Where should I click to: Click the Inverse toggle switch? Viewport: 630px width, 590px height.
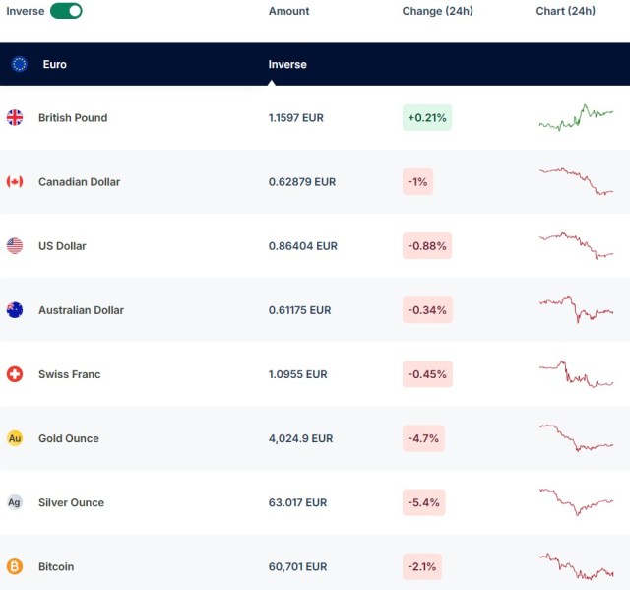point(66,11)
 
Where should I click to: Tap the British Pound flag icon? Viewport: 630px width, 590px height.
point(15,118)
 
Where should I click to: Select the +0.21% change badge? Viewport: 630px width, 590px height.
point(426,118)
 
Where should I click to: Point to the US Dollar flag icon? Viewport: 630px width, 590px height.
point(15,246)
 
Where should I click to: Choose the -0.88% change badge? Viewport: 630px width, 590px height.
point(426,246)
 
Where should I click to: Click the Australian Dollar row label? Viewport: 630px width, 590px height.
point(81,310)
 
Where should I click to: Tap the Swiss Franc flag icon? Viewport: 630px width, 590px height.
point(15,374)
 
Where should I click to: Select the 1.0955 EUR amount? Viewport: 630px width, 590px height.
point(297,374)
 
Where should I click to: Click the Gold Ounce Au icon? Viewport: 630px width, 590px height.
point(15,438)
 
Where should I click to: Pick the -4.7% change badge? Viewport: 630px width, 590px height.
point(423,438)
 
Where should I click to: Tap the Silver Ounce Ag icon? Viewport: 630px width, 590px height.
point(15,502)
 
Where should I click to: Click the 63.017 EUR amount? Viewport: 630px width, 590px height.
point(297,502)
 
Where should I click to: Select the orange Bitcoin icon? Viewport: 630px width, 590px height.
point(15,566)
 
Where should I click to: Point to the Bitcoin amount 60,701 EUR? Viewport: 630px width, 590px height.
point(297,566)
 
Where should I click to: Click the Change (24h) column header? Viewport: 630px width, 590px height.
point(437,11)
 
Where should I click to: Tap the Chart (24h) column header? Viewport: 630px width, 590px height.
point(565,11)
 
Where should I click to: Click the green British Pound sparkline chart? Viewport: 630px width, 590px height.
point(576,118)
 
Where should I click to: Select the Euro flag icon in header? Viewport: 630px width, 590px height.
point(19,64)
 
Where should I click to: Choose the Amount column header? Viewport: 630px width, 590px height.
point(288,11)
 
